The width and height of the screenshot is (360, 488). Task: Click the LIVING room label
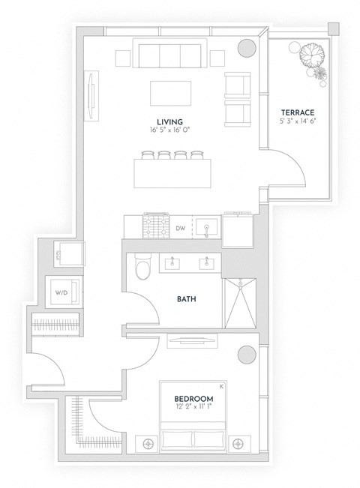tap(170, 121)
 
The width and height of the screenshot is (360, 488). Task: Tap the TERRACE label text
tap(298, 112)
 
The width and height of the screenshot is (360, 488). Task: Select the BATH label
tap(187, 298)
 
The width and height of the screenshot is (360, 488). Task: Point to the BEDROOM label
tap(193, 398)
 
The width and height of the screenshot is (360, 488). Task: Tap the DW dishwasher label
tap(180, 227)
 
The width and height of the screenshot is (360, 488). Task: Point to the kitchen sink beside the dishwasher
tap(205, 226)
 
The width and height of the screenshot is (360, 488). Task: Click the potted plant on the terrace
tap(310, 58)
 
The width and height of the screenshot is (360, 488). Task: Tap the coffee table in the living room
tap(172, 94)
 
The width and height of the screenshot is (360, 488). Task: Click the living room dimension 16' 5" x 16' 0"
tap(170, 130)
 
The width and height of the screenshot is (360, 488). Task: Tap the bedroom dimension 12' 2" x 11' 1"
tap(193, 407)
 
